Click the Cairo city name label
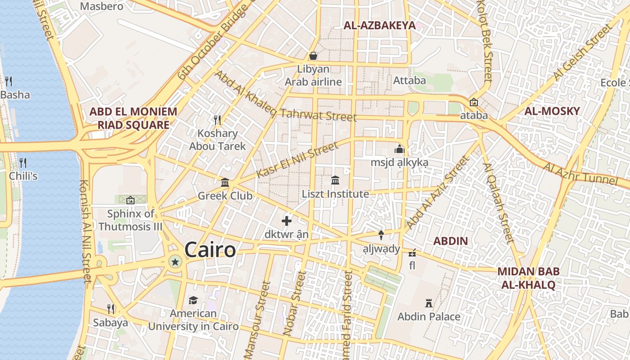[210, 250]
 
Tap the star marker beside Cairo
[175, 261]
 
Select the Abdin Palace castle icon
[428, 303]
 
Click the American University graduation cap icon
[193, 300]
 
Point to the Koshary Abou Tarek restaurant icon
[217, 120]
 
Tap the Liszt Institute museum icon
[335, 180]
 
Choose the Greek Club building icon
[225, 182]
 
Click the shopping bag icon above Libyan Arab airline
[313, 56]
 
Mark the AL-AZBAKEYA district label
[379, 26]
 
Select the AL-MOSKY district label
[552, 111]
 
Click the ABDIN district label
[450, 241]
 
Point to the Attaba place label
[409, 81]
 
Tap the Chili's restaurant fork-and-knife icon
[23, 162]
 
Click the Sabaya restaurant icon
[111, 309]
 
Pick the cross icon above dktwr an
[287, 221]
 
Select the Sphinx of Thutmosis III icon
[130, 200]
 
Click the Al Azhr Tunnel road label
[580, 174]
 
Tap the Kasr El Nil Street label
[297, 160]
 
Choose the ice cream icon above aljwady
[381, 234]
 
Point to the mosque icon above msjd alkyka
[399, 148]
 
